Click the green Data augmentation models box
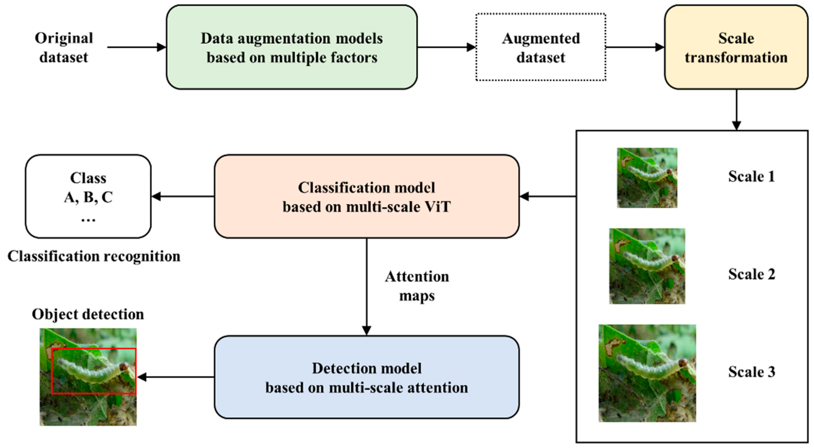click(x=291, y=48)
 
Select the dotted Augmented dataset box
click(x=541, y=48)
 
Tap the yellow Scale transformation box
click(x=736, y=48)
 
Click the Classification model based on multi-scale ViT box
click(x=367, y=197)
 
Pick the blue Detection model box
click(x=367, y=377)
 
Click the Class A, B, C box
click(x=88, y=197)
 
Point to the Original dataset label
click(x=64, y=48)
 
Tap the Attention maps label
click(x=417, y=286)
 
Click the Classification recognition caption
click(x=94, y=256)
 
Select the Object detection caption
click(x=88, y=314)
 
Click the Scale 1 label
click(x=751, y=176)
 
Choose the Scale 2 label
click(x=751, y=274)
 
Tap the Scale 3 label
click(x=751, y=372)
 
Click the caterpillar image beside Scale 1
click(x=647, y=178)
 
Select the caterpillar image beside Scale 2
click(x=647, y=266)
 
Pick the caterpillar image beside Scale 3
click(x=647, y=373)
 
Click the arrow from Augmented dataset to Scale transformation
click(x=634, y=48)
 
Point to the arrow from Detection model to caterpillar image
click(x=176, y=377)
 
